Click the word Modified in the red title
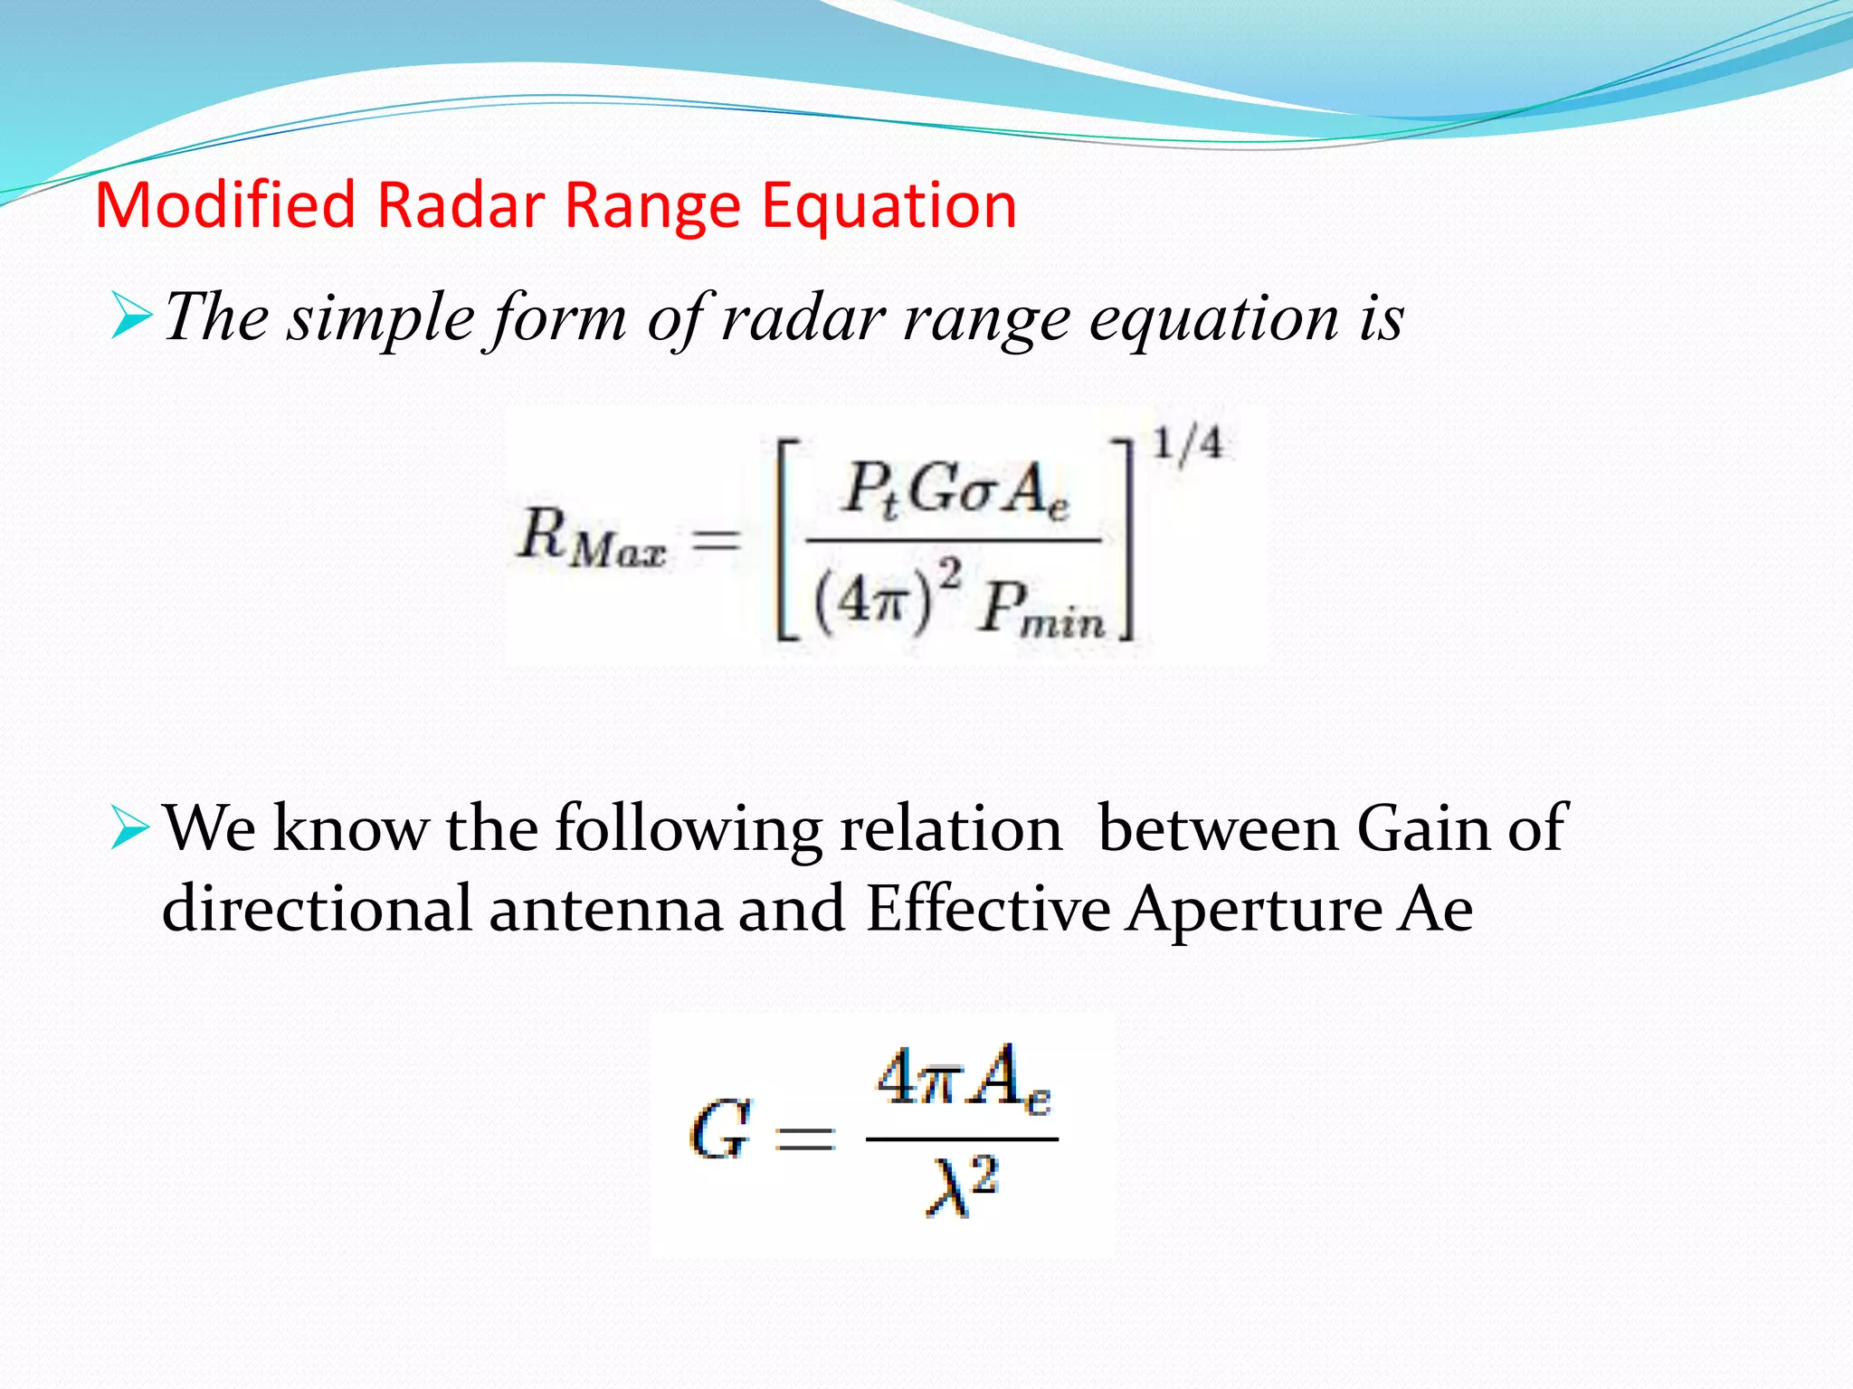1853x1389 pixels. tap(225, 205)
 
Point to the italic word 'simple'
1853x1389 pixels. tap(380, 319)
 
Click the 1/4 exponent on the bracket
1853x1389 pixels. tap(1186, 446)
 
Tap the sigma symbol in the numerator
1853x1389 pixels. tap(974, 495)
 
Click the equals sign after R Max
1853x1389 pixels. tap(716, 542)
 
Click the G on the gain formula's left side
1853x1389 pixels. tap(720, 1130)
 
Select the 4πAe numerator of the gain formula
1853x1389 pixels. tap(964, 1078)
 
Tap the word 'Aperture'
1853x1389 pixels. tap(1254, 909)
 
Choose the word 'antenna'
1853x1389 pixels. tap(605, 909)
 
